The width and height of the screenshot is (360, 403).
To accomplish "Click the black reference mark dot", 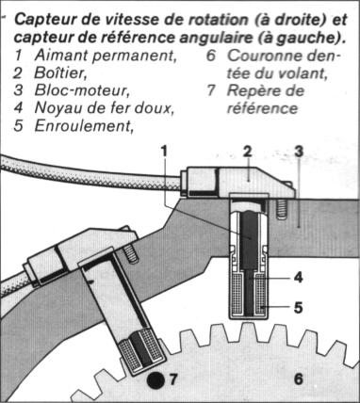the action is point(155,380).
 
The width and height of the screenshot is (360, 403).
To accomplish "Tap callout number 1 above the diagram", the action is point(164,152).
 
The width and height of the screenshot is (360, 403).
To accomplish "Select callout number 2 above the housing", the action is point(247,152).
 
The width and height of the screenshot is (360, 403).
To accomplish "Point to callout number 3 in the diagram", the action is point(299,152).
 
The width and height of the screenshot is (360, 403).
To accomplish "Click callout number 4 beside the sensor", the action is point(299,277).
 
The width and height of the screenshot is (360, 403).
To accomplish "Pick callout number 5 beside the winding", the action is point(299,307).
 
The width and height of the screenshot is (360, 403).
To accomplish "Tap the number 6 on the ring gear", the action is point(299,379).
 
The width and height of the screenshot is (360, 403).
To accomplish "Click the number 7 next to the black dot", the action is point(173,379).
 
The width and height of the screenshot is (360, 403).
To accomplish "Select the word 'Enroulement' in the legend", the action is point(83,126).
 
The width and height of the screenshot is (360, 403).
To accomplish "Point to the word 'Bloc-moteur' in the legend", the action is point(82,90).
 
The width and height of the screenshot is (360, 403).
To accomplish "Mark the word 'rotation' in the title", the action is point(218,20).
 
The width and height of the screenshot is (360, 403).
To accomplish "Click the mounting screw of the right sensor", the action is point(282,209).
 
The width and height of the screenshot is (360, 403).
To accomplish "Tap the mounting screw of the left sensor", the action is point(130,253).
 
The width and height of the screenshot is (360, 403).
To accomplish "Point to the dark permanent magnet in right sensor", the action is point(250,239).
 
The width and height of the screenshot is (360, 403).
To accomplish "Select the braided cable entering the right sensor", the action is point(91,176).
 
